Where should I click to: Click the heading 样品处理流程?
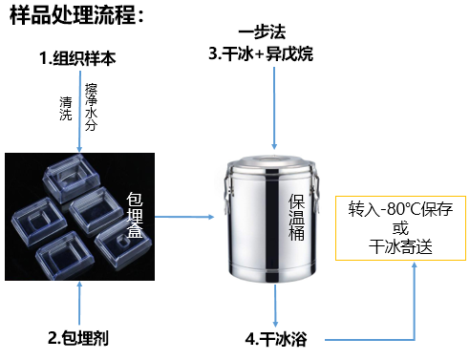76,15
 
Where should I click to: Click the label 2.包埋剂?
78,337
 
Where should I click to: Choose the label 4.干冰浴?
282,338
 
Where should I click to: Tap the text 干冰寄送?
399,245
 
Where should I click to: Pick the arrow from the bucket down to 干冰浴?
275,304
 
